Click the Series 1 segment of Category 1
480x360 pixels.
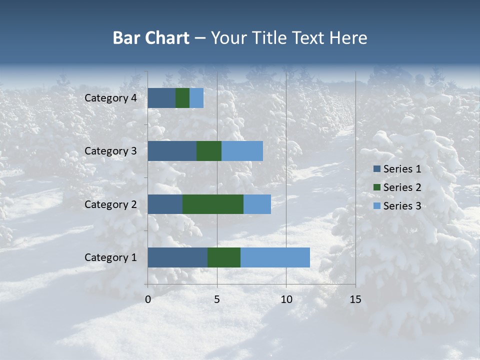[x=177, y=257]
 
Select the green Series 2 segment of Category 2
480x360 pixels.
[x=213, y=204]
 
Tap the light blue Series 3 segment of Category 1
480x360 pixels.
[x=275, y=257]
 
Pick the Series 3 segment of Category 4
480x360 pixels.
[x=196, y=98]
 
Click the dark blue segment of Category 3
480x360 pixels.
[x=172, y=151]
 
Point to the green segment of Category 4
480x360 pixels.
[x=182, y=98]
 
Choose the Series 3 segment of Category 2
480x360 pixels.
[x=257, y=204]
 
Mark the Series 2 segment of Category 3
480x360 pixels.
[x=209, y=151]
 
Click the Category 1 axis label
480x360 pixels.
[x=110, y=257]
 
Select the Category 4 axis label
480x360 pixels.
[x=110, y=98]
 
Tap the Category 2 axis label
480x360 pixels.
[x=110, y=204]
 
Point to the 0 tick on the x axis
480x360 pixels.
[x=148, y=299]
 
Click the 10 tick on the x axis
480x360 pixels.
[x=286, y=299]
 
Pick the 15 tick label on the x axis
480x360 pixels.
[x=355, y=299]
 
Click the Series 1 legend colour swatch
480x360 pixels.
[x=376, y=169]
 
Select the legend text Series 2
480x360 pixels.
[x=402, y=187]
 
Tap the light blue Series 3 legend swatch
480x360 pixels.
[x=376, y=206]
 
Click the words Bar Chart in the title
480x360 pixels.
[x=151, y=38]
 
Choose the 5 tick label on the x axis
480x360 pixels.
[x=217, y=299]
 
